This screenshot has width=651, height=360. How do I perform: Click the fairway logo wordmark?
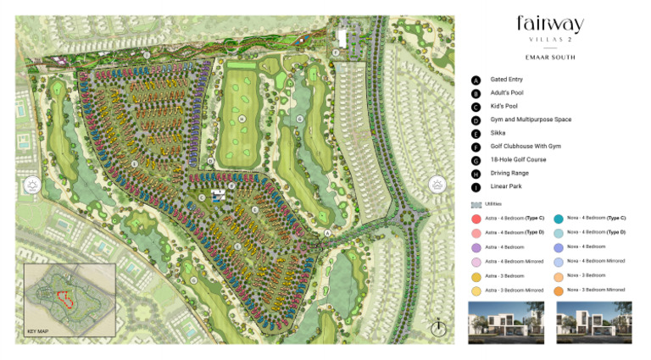pos(549,25)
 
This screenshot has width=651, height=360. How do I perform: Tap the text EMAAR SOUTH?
pos(549,58)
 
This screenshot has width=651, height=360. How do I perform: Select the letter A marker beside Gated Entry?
pos(476,80)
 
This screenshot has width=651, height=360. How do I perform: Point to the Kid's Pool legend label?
pos(504,106)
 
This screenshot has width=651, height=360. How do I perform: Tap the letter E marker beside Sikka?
pos(476,133)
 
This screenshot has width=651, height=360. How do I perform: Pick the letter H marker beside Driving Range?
pos(476,173)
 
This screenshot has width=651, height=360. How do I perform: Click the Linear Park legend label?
pos(508,186)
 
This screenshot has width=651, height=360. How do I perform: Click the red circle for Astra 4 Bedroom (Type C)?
pos(476,219)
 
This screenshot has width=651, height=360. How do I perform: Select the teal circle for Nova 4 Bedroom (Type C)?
pos(559,219)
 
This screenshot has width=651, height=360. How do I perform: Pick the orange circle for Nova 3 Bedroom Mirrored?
pos(559,290)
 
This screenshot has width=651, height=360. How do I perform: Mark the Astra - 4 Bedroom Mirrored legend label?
pos(515,261)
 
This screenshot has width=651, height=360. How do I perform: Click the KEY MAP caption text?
pos(38,330)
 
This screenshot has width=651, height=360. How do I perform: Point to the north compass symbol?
pos(438,326)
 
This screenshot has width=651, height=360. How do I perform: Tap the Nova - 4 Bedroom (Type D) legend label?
pos(597,232)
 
